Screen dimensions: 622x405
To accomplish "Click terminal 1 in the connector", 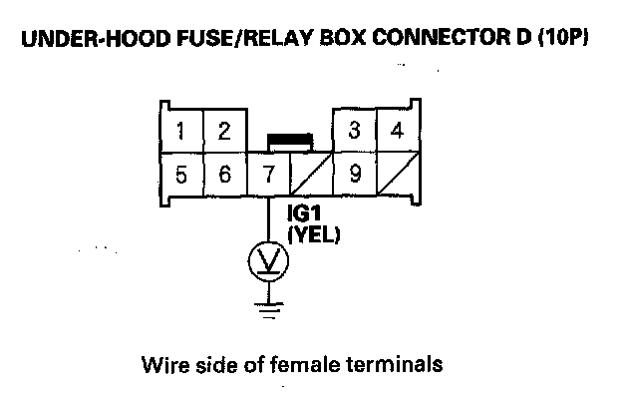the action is pyautogui.click(x=181, y=131).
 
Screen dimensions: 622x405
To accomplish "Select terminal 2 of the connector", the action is pyautogui.click(x=225, y=131).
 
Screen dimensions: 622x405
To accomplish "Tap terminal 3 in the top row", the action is pyautogui.click(x=354, y=131).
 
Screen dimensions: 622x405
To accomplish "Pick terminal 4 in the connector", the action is pyautogui.click(x=398, y=131).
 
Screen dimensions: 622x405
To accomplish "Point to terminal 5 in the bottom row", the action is pyautogui.click(x=181, y=175).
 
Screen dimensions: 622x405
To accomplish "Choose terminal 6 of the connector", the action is pyautogui.click(x=225, y=175).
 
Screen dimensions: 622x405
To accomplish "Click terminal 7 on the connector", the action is pyautogui.click(x=269, y=175).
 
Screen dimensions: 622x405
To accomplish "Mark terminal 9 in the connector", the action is pyautogui.click(x=354, y=175).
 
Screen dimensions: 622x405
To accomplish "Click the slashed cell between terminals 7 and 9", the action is pyautogui.click(x=311, y=175).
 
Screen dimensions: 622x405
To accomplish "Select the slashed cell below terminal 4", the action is pyautogui.click(x=398, y=175).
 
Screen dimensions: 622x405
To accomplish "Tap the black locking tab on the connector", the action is pyautogui.click(x=290, y=141).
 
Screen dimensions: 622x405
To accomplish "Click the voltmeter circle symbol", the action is pyautogui.click(x=268, y=261).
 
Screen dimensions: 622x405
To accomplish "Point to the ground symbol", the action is pyautogui.click(x=269, y=310).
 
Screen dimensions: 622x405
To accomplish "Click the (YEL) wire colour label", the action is pyautogui.click(x=314, y=235).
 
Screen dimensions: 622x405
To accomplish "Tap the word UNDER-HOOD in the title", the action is pyautogui.click(x=96, y=39).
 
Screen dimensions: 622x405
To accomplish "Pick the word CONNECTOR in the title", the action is pyautogui.click(x=441, y=38).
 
